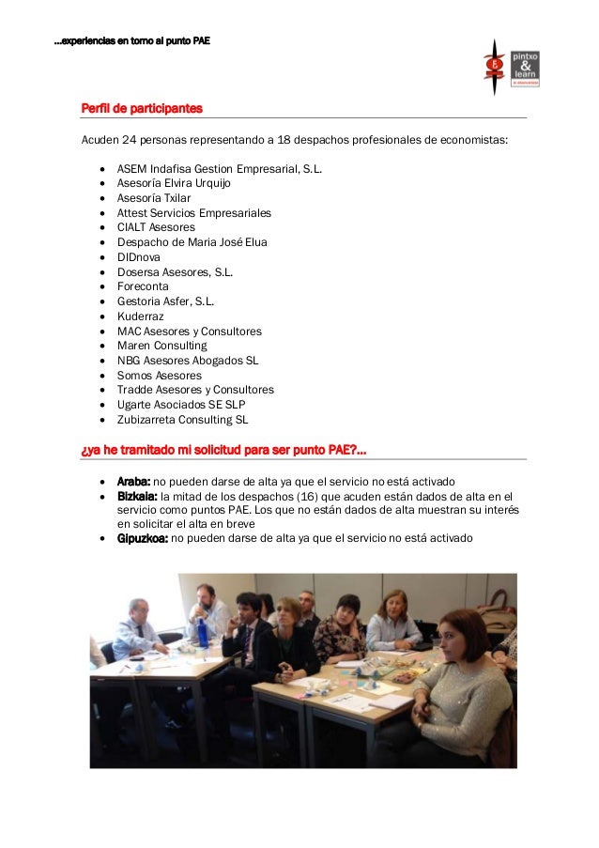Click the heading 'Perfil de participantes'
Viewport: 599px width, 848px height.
(x=142, y=109)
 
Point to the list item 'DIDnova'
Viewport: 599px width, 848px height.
(x=138, y=257)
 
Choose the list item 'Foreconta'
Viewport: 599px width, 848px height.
(x=143, y=286)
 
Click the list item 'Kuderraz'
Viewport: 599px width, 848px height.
(x=140, y=316)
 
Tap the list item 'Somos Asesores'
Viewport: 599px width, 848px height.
(x=159, y=376)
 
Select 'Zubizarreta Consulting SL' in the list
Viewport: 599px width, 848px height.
(x=182, y=420)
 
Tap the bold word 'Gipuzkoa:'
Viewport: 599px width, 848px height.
(x=143, y=538)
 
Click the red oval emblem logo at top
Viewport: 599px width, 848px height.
(x=494, y=65)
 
